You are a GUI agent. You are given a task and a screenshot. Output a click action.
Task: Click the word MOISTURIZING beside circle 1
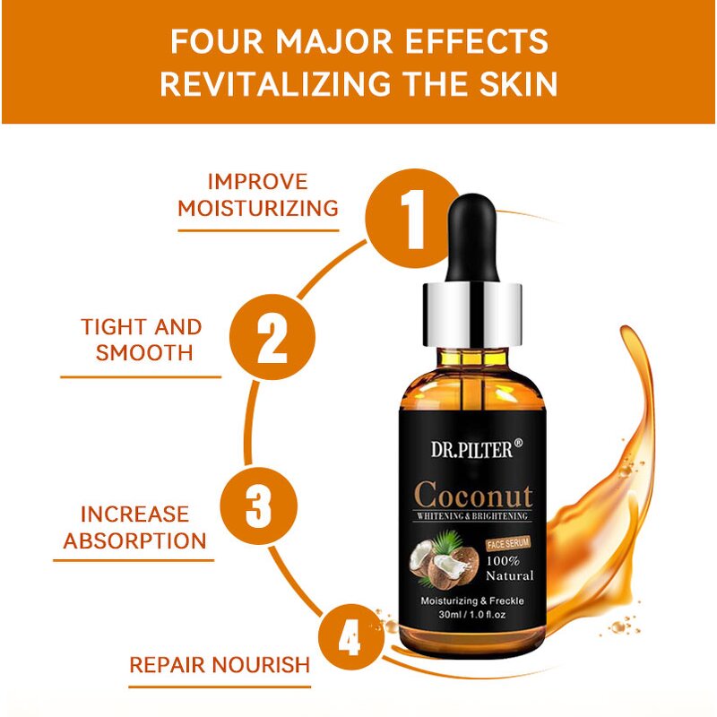coord(258,209)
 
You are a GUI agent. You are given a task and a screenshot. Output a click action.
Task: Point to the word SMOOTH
coord(144,352)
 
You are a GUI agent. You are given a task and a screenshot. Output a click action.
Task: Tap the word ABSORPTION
coord(134,540)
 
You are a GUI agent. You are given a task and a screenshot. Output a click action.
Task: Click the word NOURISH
coord(263,665)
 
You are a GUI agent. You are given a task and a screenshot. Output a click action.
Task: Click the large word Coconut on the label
coord(473,495)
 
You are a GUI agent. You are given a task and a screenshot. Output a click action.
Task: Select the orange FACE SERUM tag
coord(508,544)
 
